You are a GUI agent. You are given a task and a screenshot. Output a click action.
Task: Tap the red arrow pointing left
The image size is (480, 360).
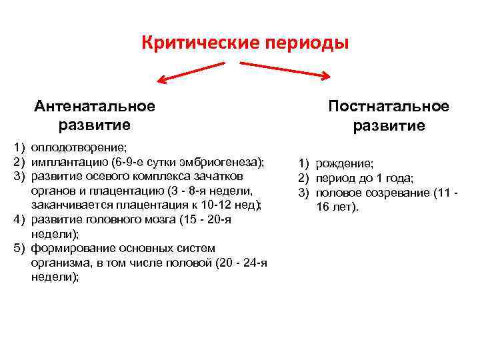189,72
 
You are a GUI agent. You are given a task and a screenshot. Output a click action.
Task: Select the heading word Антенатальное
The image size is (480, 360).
97,106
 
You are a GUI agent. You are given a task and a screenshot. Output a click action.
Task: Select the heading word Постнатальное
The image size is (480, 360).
389,107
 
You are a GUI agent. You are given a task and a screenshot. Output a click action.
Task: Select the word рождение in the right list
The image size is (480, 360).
344,163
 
